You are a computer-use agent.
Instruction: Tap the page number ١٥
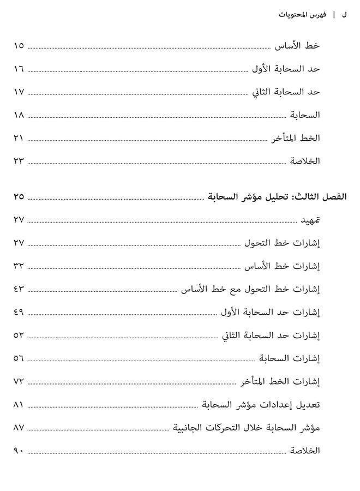(18, 46)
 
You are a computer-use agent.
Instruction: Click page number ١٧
(18, 92)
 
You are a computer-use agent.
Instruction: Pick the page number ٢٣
(18, 161)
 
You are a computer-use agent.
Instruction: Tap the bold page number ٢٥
(18, 196)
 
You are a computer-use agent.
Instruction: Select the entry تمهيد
(310, 220)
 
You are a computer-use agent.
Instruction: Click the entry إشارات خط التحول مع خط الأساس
(251, 289)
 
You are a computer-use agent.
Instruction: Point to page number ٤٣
(18, 289)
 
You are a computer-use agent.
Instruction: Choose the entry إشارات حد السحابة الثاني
(271, 336)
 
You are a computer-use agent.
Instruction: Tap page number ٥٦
(18, 358)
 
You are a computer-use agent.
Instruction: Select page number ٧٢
(18, 381)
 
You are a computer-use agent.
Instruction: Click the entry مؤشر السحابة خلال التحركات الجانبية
(247, 428)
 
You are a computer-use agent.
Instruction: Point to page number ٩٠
(18, 451)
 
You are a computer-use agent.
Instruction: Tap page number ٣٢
(18, 266)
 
